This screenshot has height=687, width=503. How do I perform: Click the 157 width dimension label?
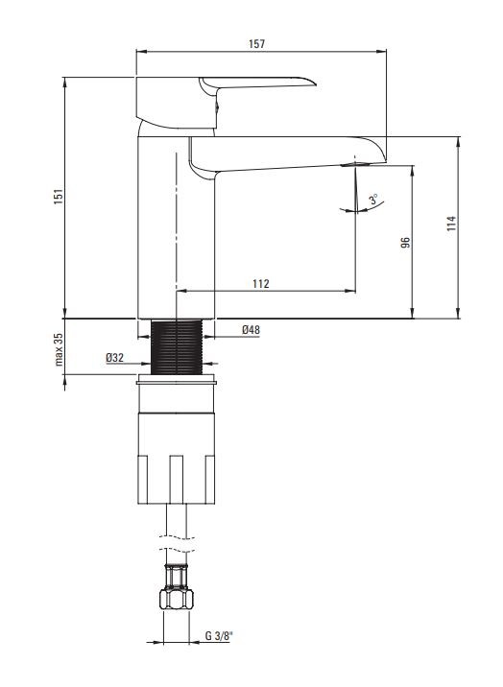click(256, 44)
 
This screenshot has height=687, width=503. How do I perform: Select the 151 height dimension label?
click(58, 196)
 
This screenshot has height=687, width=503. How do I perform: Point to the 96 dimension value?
click(405, 244)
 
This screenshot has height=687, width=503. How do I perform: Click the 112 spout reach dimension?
click(260, 283)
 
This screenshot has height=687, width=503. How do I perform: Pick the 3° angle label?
click(372, 199)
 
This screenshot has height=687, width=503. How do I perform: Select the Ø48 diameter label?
click(251, 330)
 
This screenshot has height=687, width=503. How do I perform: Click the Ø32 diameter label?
click(113, 358)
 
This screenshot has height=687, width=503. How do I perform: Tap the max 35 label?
click(58, 350)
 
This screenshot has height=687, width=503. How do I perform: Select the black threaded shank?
click(179, 346)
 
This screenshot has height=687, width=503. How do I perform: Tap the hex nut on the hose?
click(178, 603)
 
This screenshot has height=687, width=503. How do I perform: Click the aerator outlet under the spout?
click(354, 166)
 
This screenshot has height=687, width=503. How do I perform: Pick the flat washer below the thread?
click(179, 382)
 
